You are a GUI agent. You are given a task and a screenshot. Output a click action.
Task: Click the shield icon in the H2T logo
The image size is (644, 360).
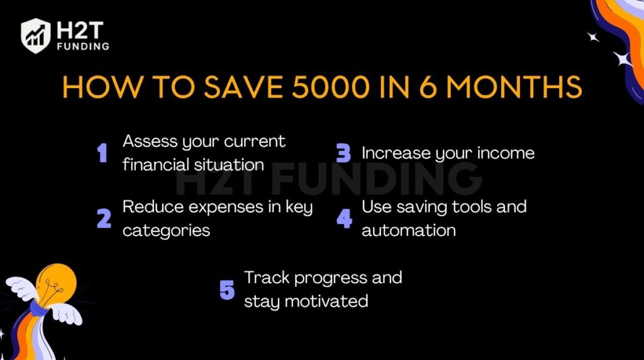[35, 36]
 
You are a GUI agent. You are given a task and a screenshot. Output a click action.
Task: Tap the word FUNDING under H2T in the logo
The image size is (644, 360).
[84, 47]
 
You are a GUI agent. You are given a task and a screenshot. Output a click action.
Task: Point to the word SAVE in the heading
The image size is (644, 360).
[243, 87]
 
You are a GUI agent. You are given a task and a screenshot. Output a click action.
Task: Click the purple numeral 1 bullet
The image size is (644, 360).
[103, 153]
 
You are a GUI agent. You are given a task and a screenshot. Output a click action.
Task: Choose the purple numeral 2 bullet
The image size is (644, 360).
[104, 218]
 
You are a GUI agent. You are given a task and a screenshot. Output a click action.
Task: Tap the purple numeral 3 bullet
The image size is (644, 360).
[343, 153]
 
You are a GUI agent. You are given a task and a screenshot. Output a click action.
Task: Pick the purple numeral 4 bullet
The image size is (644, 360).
[344, 218]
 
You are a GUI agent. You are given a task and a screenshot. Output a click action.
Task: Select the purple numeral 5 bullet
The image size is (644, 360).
[227, 290]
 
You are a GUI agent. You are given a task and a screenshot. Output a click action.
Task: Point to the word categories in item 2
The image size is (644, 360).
[166, 231]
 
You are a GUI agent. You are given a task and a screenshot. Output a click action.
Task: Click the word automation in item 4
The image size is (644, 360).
[409, 230]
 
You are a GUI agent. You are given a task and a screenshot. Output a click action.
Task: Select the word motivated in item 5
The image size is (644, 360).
[326, 301]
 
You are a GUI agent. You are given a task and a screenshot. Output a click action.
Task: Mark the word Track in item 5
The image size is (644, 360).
[267, 278]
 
